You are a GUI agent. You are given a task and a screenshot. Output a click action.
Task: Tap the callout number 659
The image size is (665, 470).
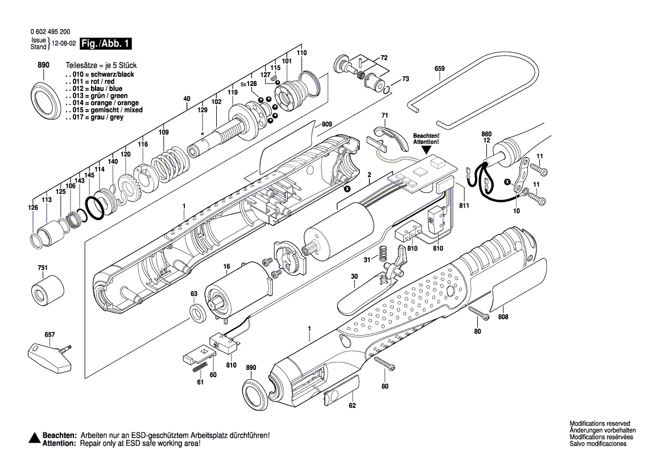pyautogui.click(x=439, y=69)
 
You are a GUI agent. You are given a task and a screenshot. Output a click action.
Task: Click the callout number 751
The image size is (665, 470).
pyautogui.click(x=43, y=268)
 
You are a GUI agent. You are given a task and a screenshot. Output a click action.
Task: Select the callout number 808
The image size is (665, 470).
pyautogui.click(x=503, y=317)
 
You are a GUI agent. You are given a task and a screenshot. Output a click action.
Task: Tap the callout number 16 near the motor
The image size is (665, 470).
pyautogui.click(x=226, y=266)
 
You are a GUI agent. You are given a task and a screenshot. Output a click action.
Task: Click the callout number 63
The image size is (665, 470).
pyautogui.click(x=193, y=294)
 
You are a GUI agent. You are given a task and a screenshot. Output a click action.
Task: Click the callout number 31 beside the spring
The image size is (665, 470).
pyautogui.click(x=367, y=260)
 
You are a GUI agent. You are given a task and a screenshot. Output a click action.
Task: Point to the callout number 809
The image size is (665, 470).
pyautogui.click(x=326, y=124)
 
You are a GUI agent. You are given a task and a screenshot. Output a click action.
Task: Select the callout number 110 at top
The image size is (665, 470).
pyautogui.click(x=301, y=53)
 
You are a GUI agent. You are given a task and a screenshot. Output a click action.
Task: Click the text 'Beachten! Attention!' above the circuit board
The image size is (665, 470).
pyautogui.click(x=426, y=138)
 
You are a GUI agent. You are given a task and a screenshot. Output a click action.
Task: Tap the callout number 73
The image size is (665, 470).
pyautogui.click(x=405, y=79)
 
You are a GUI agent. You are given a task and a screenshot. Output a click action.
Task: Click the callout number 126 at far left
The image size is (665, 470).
pyautogui.click(x=34, y=208)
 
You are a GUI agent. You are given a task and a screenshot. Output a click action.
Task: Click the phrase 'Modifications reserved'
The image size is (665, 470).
pyautogui.click(x=600, y=424)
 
